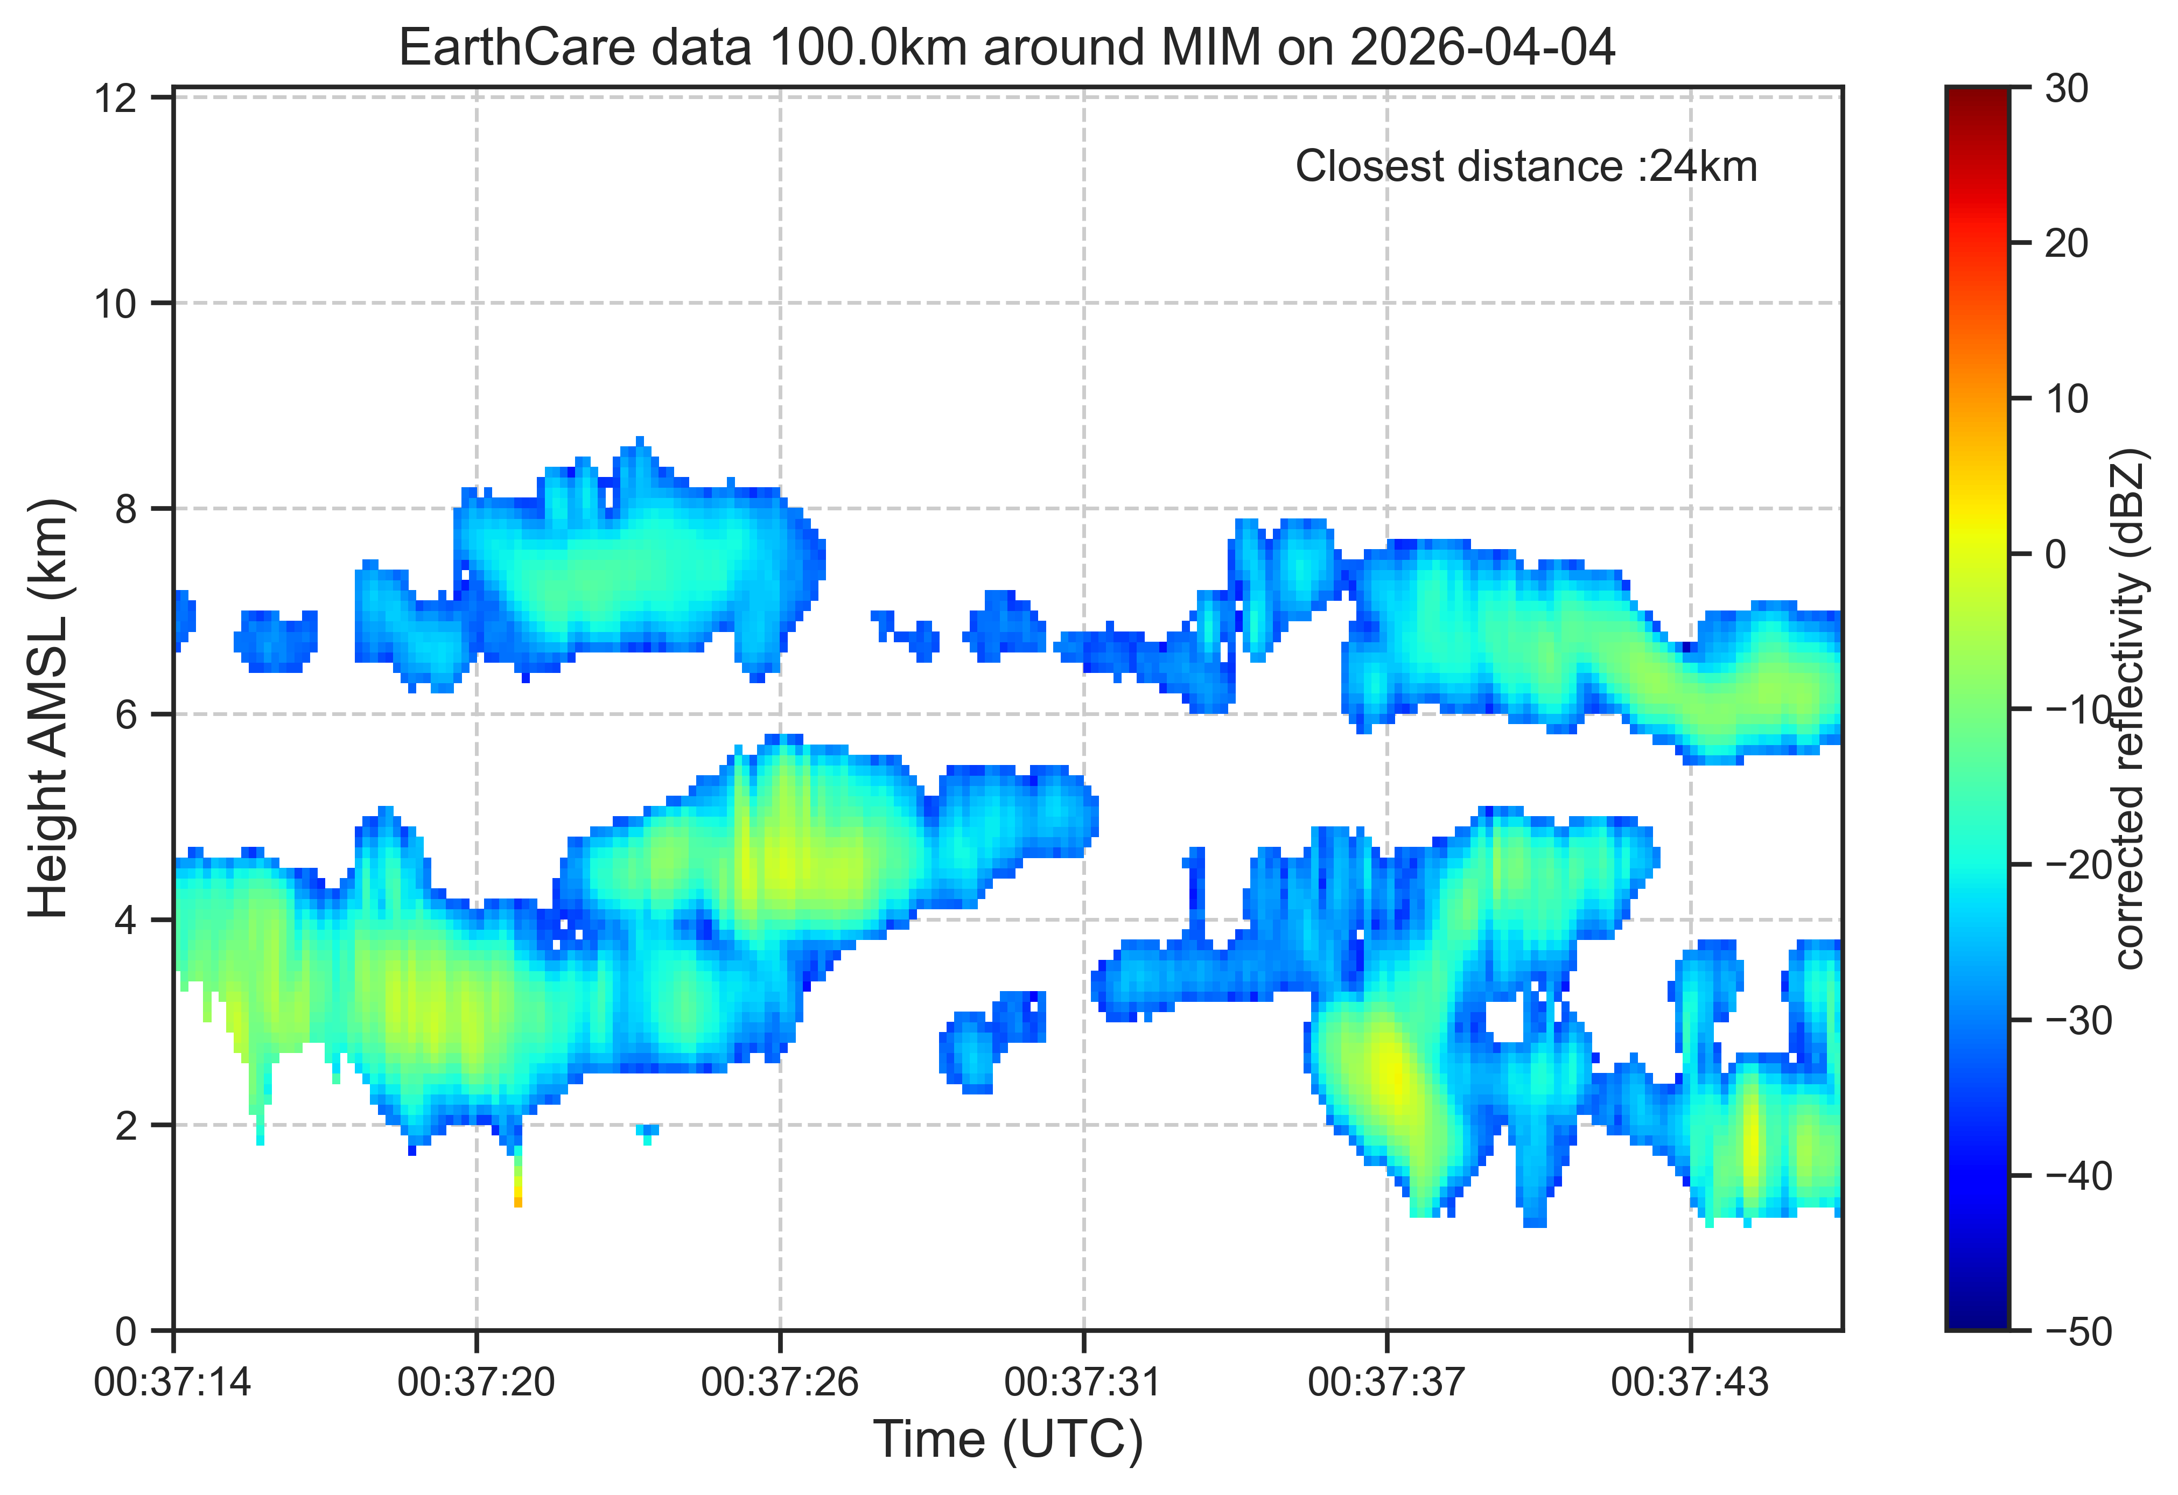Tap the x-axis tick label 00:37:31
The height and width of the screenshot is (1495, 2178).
pyautogui.click(x=1083, y=1382)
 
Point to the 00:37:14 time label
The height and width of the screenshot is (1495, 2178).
pyautogui.click(x=173, y=1382)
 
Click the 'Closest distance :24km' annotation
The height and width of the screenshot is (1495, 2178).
pyautogui.click(x=1526, y=167)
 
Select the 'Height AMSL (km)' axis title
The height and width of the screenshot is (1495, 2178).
pyautogui.click(x=49, y=708)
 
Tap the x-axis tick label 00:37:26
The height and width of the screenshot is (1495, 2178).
pyautogui.click(x=780, y=1382)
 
